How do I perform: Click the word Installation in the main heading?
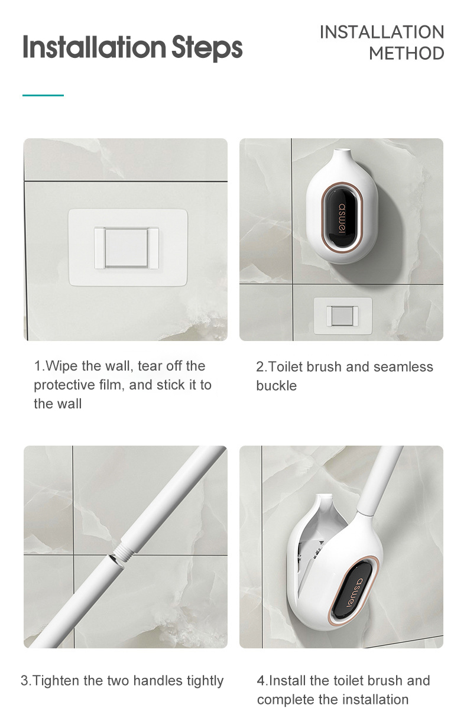[x=95, y=47]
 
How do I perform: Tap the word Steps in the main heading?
[x=207, y=48]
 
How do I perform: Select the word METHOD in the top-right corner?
[x=406, y=53]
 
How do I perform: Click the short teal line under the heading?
[x=43, y=95]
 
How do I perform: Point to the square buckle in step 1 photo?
[x=127, y=248]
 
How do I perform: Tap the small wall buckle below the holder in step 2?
[x=343, y=316]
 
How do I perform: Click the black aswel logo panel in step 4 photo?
[x=351, y=593]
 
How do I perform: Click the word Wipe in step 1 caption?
[x=61, y=366]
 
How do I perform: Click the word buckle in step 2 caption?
[x=277, y=386]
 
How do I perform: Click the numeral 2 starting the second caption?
[x=260, y=367]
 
